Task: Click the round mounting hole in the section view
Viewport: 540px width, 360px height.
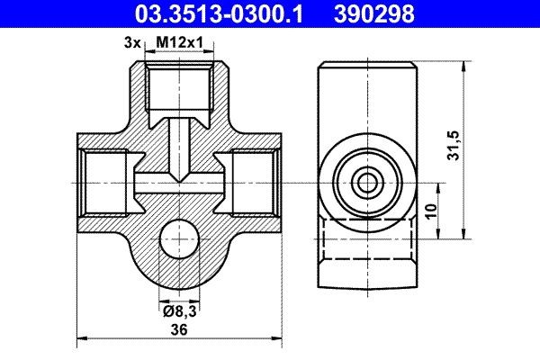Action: pyautogui.click(x=180, y=243)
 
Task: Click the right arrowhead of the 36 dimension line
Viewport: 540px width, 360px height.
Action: pyautogui.click(x=274, y=340)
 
